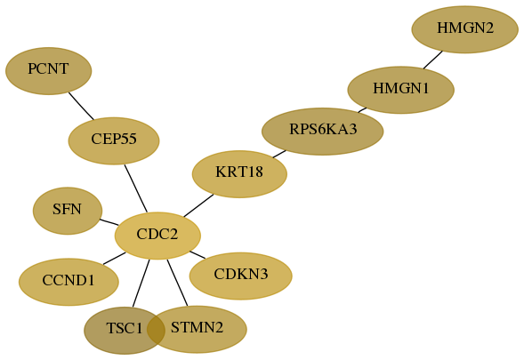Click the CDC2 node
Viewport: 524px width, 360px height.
click(157, 236)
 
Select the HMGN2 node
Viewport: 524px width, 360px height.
click(465, 29)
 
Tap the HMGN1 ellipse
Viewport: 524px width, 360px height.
click(400, 90)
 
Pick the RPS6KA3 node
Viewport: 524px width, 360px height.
click(322, 132)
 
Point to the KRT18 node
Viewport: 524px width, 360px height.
click(239, 174)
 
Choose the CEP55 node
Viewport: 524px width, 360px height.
click(114, 140)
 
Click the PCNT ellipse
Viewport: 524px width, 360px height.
click(48, 71)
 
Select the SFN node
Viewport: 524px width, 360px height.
click(68, 211)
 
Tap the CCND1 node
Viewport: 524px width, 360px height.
click(69, 282)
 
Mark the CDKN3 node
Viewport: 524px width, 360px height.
click(240, 276)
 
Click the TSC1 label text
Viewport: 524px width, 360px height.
click(125, 328)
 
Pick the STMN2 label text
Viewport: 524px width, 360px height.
click(197, 327)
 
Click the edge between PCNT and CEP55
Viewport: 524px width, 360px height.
click(81, 106)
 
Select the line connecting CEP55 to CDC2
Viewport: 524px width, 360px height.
click(136, 188)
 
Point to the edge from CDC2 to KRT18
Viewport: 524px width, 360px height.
click(198, 205)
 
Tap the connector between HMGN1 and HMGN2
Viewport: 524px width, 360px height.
click(433, 60)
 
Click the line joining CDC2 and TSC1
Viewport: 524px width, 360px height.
click(141, 283)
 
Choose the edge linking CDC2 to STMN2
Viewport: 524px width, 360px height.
click(177, 283)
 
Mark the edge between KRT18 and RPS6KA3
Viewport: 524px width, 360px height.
click(279, 154)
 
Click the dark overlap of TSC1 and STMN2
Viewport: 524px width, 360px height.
click(156, 329)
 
